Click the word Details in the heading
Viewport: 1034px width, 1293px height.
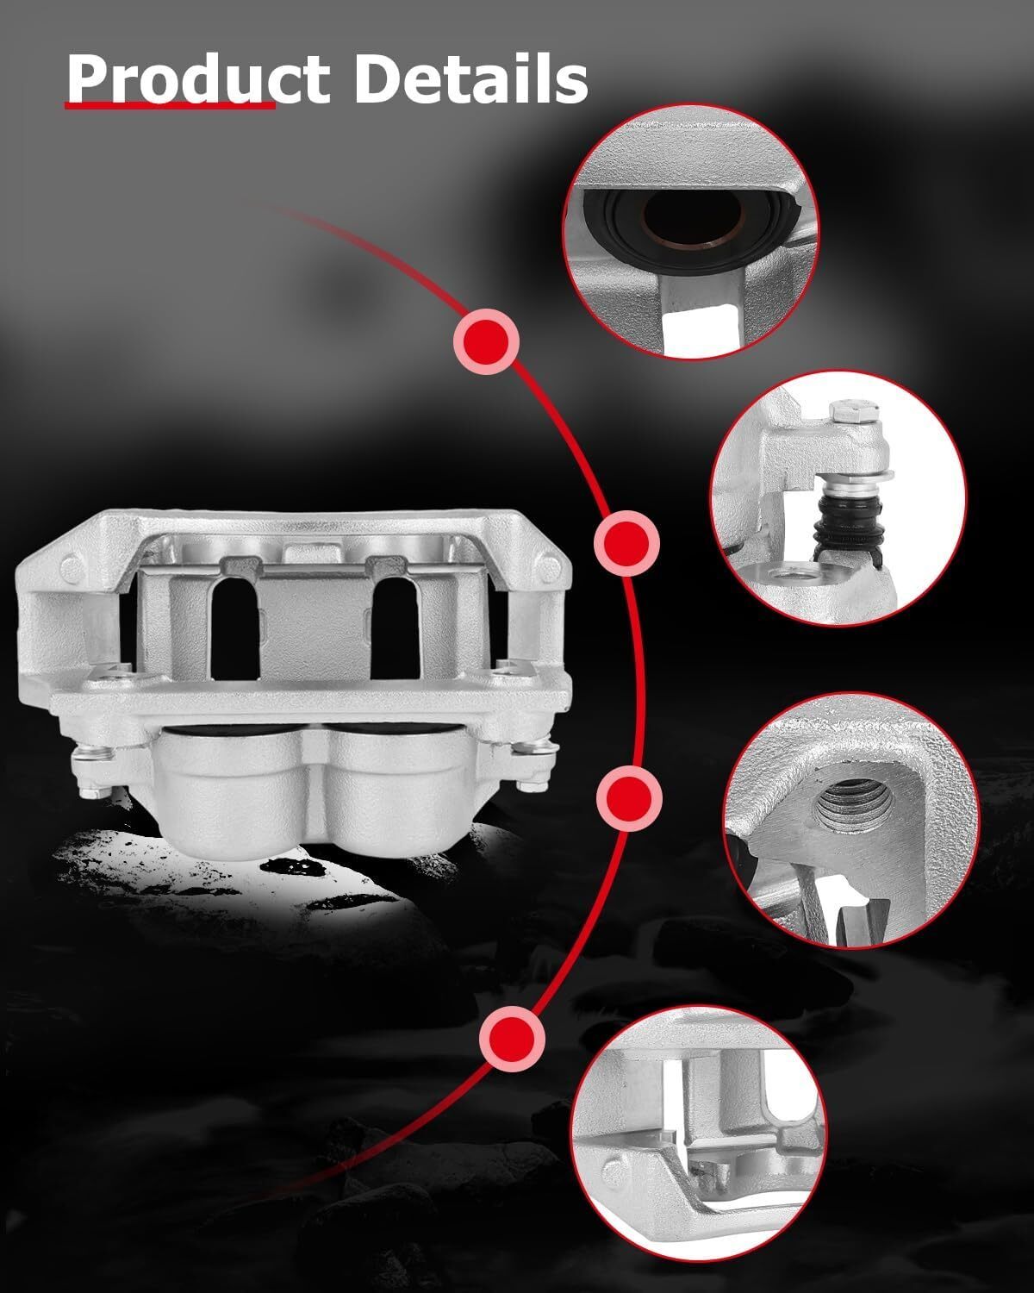pyautogui.click(x=470, y=78)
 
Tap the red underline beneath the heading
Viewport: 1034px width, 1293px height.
pyautogui.click(x=170, y=105)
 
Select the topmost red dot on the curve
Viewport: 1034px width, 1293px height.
pyautogui.click(x=487, y=341)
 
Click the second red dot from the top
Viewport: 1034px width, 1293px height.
pyautogui.click(x=626, y=543)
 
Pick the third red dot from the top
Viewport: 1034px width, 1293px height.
pyautogui.click(x=629, y=798)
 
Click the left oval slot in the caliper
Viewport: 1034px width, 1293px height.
pyautogui.click(x=235, y=629)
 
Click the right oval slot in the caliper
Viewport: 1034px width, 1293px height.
pyautogui.click(x=396, y=629)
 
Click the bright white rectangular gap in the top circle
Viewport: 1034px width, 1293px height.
pyautogui.click(x=701, y=324)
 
